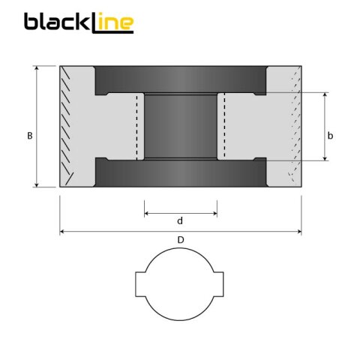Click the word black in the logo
(x=56, y=22)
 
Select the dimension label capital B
(x=29, y=136)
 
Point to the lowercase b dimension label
(x=331, y=135)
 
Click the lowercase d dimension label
(x=180, y=221)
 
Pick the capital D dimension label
(x=180, y=240)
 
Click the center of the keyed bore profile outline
(x=180, y=284)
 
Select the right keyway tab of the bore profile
(x=220, y=284)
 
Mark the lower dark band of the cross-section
(x=180, y=173)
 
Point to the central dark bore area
(x=180, y=126)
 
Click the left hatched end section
(x=75, y=126)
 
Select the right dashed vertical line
(x=223, y=126)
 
